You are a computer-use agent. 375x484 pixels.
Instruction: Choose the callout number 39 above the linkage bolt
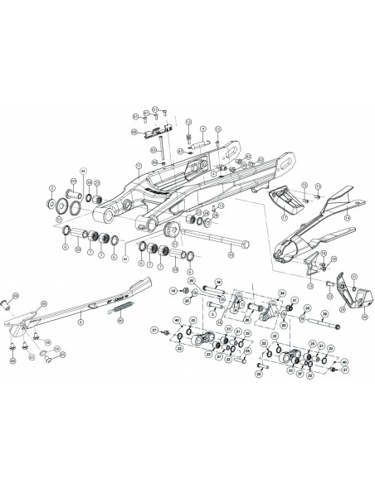click(325, 312)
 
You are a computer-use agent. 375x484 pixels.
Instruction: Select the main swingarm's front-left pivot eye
click(105, 217)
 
